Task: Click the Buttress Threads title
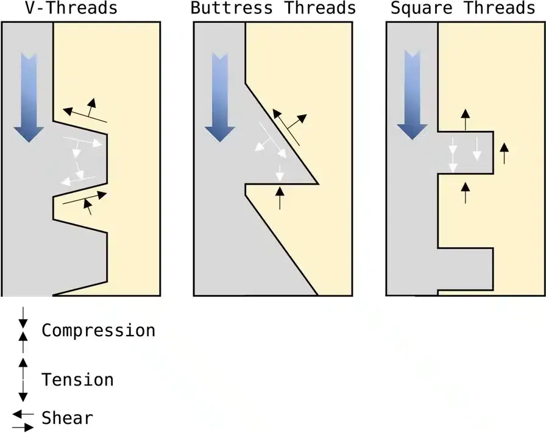(273, 8)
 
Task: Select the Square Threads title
(462, 8)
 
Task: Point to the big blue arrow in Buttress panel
(219, 97)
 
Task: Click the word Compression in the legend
(98, 331)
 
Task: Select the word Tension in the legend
(77, 380)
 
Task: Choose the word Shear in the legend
(67, 418)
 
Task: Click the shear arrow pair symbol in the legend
(23, 420)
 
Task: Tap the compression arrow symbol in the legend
(23, 331)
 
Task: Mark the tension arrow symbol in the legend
(23, 379)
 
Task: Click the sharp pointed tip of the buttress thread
(317, 183)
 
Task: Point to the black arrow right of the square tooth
(503, 153)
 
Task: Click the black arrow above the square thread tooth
(466, 119)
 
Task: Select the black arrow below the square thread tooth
(466, 192)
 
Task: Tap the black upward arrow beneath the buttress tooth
(280, 198)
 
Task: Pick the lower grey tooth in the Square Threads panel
(465, 268)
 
